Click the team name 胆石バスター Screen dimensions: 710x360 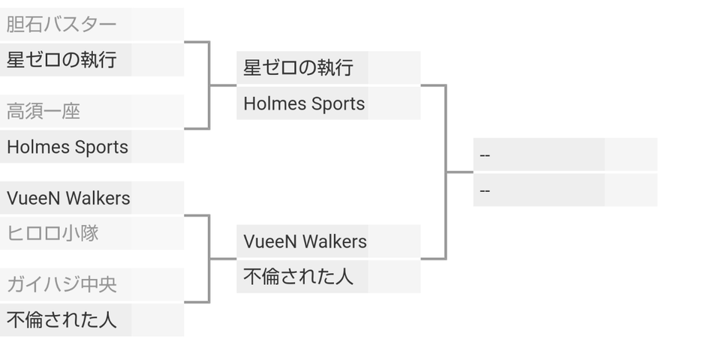click(62, 25)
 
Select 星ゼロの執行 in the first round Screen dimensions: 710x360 click(62, 60)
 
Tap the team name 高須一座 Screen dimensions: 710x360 click(44, 112)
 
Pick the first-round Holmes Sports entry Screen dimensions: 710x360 click(68, 147)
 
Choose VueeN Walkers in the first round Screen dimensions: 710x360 click(68, 199)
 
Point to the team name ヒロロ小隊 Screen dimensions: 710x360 click(53, 233)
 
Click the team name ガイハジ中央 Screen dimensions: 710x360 click(62, 285)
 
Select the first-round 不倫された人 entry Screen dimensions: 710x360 click(62, 320)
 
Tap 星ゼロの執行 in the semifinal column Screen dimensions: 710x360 click(298, 68)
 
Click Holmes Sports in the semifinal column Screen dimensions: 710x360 click(304, 103)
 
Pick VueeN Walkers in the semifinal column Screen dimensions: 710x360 click(305, 241)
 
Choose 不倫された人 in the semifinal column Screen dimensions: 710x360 click(298, 277)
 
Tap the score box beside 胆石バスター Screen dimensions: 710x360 click(158, 25)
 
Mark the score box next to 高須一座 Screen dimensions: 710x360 click(158, 112)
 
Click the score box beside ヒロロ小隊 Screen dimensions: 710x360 click(158, 233)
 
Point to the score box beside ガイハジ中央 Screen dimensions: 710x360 click(158, 285)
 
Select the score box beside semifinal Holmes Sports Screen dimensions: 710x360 click(394, 103)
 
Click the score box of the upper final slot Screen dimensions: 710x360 click(630, 155)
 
